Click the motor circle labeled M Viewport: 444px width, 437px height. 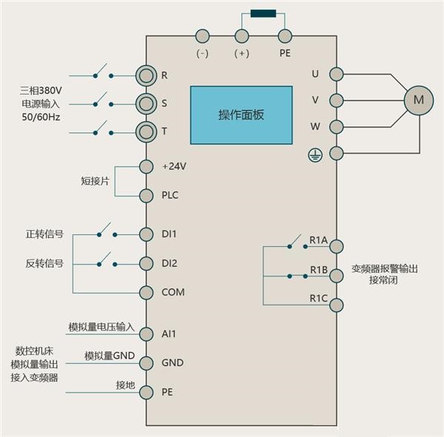pos(418,99)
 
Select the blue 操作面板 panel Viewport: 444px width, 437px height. pos(240,115)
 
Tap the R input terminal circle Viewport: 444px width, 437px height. pos(146,75)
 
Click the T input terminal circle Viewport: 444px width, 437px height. pos(146,132)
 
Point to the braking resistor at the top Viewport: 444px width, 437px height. pos(263,13)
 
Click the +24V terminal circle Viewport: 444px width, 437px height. pos(146,166)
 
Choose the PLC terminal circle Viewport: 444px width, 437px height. pos(146,195)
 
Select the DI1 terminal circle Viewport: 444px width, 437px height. pos(146,234)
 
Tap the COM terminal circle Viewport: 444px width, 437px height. pos(146,292)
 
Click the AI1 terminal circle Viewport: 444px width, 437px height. pos(146,333)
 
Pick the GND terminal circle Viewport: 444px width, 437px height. pos(146,363)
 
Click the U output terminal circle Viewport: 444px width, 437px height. pos(337,74)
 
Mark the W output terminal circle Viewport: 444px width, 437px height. pos(337,126)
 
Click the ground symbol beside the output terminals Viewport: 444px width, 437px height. pos(314,154)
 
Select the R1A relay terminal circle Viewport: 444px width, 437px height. pos(337,246)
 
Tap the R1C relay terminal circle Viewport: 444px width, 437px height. pos(337,303)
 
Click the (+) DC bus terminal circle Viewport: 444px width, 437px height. pos(241,35)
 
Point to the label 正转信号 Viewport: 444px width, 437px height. pos(44,234)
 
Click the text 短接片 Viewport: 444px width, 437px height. pos(95,181)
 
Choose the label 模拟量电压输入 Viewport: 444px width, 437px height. pos(101,327)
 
